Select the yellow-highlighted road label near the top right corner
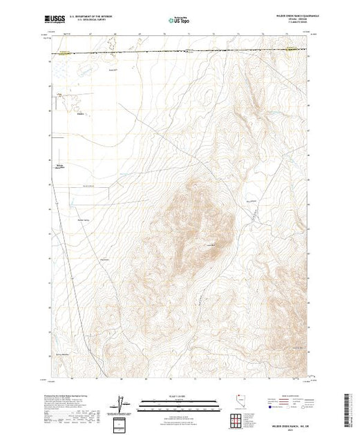tap(293, 48)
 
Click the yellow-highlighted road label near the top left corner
tap(64, 50)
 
